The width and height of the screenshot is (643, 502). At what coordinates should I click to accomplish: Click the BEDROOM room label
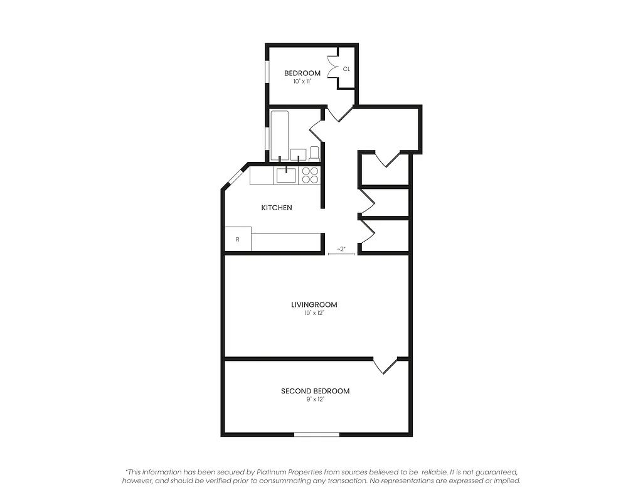click(302, 73)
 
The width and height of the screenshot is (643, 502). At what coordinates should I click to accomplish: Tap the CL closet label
click(346, 69)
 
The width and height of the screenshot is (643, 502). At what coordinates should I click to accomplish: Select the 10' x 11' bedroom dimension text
click(302, 82)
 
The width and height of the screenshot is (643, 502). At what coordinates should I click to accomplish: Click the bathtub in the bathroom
click(280, 135)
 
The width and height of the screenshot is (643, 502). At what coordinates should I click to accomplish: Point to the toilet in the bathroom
click(314, 153)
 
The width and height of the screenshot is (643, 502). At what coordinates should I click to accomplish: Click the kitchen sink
click(287, 175)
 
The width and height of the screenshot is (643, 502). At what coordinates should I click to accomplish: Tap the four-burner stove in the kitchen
click(310, 175)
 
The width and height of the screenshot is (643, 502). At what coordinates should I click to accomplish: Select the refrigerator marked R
click(238, 239)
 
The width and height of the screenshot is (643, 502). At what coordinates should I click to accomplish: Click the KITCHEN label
click(277, 208)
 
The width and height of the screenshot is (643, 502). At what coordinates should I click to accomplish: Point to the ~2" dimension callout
click(341, 250)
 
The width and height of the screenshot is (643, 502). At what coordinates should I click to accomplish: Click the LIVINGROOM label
click(314, 305)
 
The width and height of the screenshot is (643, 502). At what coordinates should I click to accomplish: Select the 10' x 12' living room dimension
click(314, 312)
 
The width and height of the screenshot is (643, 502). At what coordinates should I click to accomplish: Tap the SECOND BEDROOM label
click(315, 391)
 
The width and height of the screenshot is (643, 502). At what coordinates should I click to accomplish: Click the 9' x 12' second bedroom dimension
click(315, 399)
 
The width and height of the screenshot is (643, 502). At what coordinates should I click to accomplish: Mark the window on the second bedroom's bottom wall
click(317, 434)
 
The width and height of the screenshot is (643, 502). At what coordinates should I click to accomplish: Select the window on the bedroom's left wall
click(267, 71)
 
